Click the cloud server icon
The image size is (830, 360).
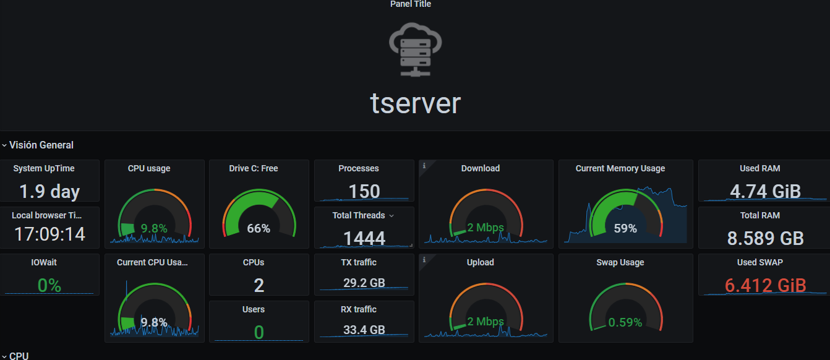pyautogui.click(x=415, y=49)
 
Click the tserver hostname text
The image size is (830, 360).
pyautogui.click(x=416, y=103)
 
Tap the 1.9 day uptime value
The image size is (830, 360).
pyautogui.click(x=49, y=191)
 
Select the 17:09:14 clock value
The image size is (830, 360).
pyautogui.click(x=49, y=234)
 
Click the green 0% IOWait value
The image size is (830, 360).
pyautogui.click(x=49, y=286)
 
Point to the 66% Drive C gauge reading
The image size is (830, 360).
pyautogui.click(x=259, y=228)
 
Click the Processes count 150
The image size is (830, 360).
pyautogui.click(x=364, y=191)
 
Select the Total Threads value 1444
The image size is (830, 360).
pyautogui.click(x=364, y=238)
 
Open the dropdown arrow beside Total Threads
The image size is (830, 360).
pyautogui.click(x=391, y=216)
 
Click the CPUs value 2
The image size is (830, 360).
pyautogui.click(x=259, y=286)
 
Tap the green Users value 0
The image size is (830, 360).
pyautogui.click(x=259, y=332)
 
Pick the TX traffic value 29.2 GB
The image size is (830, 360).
pyautogui.click(x=364, y=283)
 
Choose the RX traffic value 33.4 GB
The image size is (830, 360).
pyautogui.click(x=364, y=330)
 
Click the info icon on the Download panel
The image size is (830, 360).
pyautogui.click(x=424, y=166)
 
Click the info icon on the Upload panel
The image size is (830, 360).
pyautogui.click(x=424, y=260)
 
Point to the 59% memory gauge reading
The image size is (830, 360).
pyautogui.click(x=625, y=228)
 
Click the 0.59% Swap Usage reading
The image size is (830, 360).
pyautogui.click(x=625, y=322)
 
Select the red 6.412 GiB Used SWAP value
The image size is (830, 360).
pyautogui.click(x=765, y=286)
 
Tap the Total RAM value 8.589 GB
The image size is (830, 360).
pyautogui.click(x=765, y=238)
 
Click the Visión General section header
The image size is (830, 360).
pyautogui.click(x=41, y=145)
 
